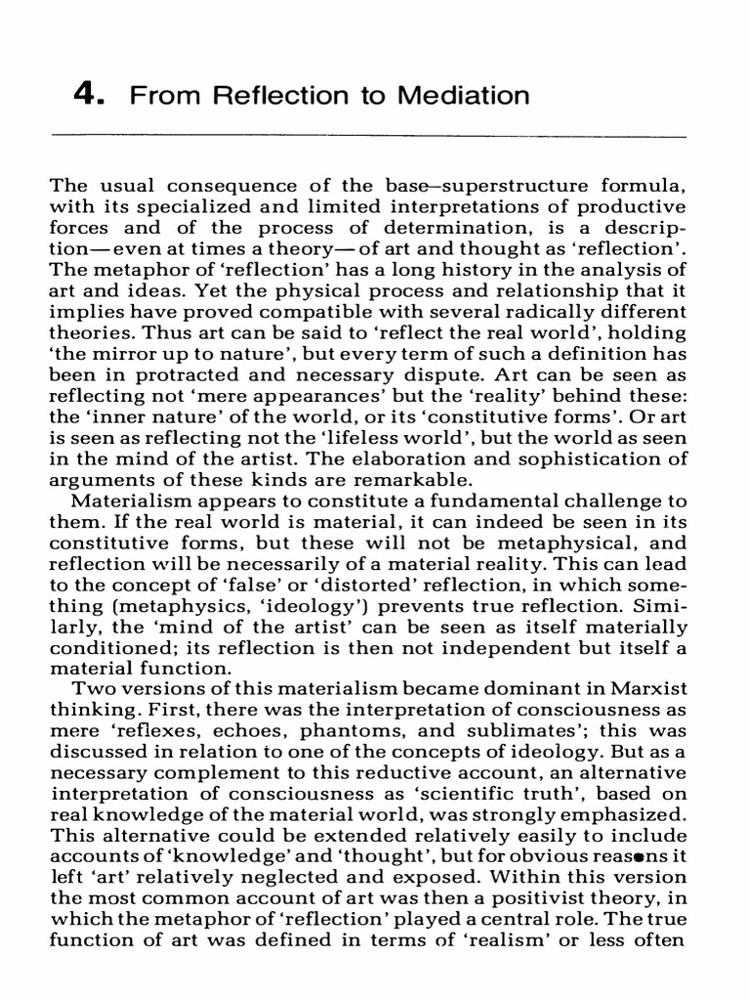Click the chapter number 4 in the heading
click(x=86, y=96)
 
